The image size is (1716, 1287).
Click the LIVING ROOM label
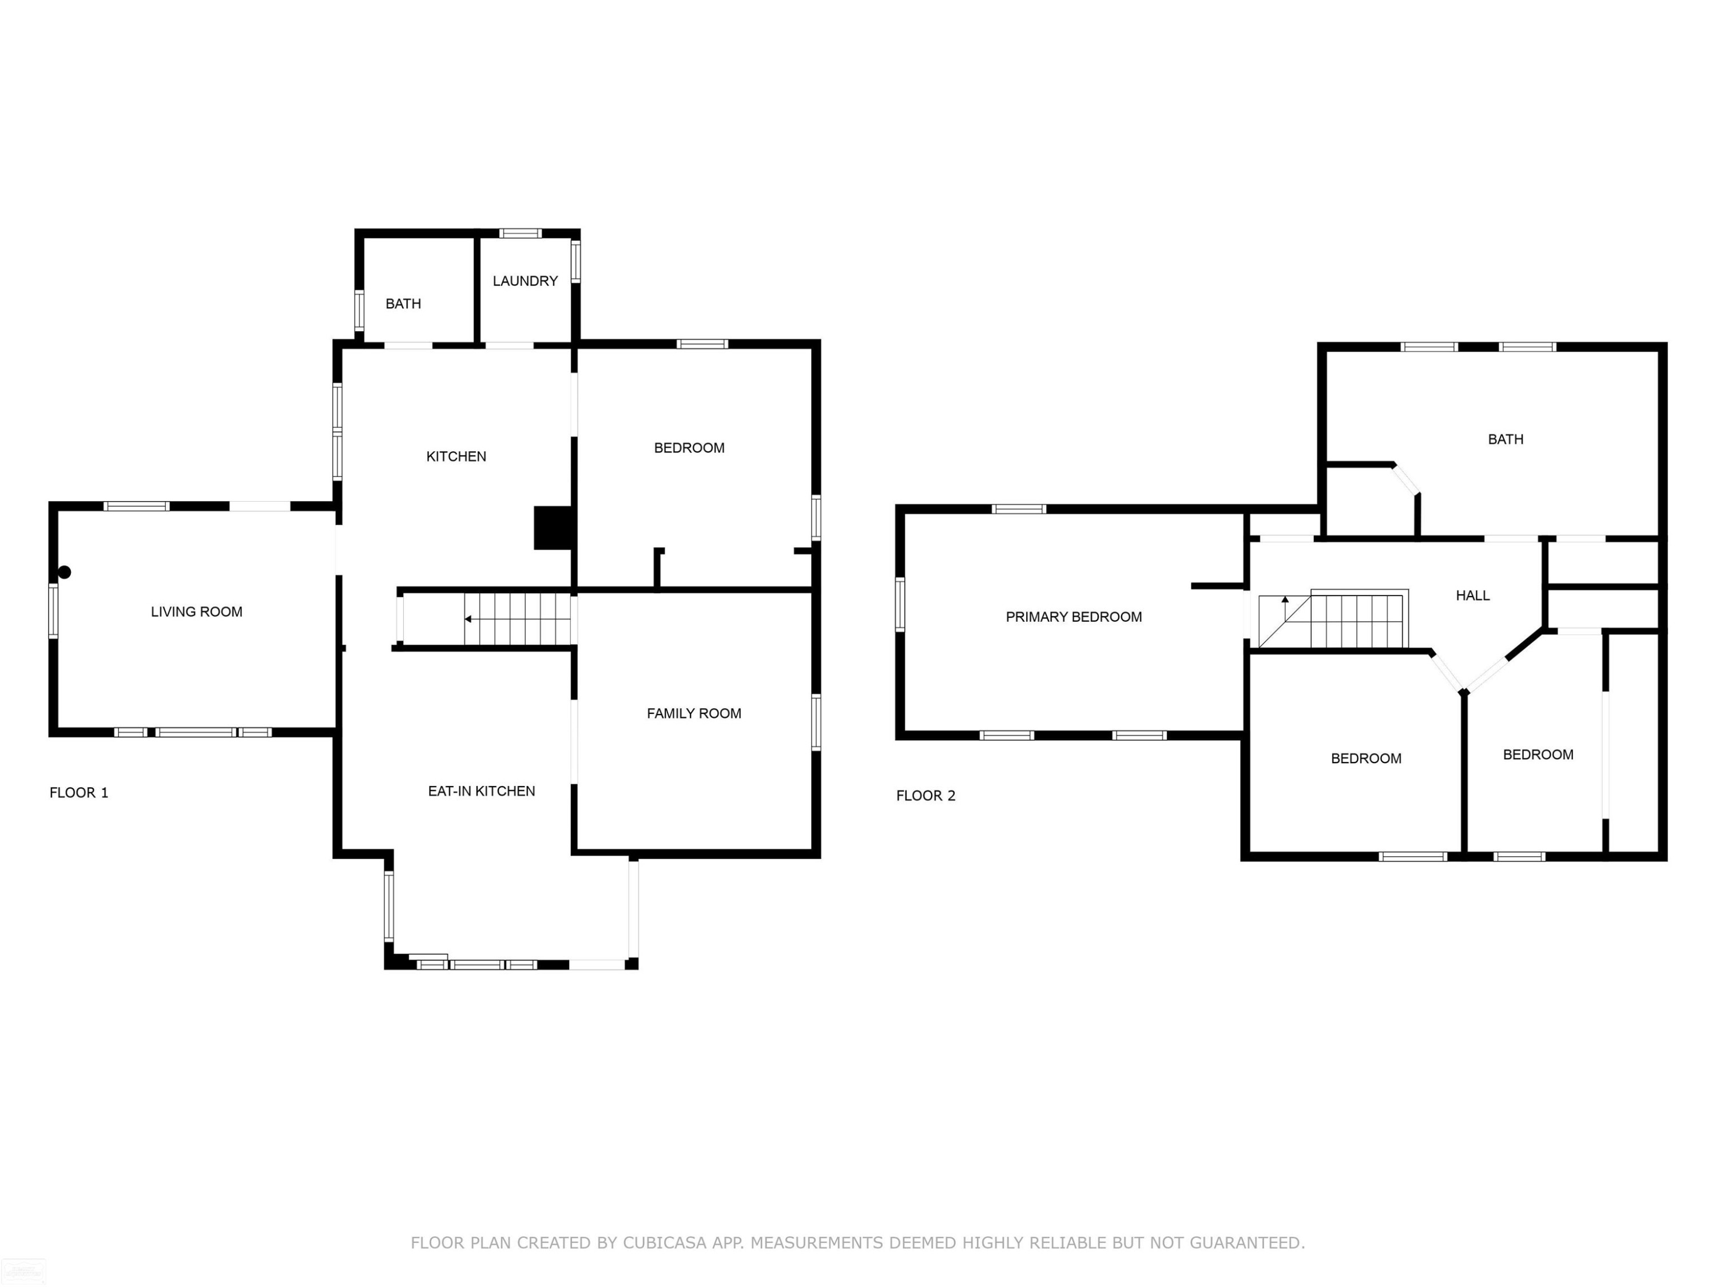pyautogui.click(x=196, y=612)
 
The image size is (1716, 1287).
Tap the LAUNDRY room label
pyautogui.click(x=525, y=281)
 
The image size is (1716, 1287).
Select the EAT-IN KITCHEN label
pyautogui.click(x=482, y=791)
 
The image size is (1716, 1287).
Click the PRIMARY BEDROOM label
pyautogui.click(x=1074, y=617)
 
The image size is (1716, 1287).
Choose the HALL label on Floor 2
pyautogui.click(x=1472, y=596)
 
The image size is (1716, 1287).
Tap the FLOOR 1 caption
pyautogui.click(x=79, y=793)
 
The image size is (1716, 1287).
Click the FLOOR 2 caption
pyautogui.click(x=925, y=796)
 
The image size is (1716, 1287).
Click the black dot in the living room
pyautogui.click(x=65, y=573)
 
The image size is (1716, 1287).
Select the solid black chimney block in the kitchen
pyautogui.click(x=553, y=529)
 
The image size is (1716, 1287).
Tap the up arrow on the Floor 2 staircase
pyautogui.click(x=1285, y=608)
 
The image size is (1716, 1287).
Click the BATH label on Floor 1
pyautogui.click(x=403, y=304)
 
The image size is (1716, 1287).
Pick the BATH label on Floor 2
pyautogui.click(x=1506, y=440)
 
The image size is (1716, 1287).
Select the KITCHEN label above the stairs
pyautogui.click(x=456, y=457)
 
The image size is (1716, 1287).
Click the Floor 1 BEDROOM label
pyautogui.click(x=689, y=448)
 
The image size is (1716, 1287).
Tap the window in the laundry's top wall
pyautogui.click(x=520, y=233)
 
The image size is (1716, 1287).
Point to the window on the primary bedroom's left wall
pyautogui.click(x=900, y=605)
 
